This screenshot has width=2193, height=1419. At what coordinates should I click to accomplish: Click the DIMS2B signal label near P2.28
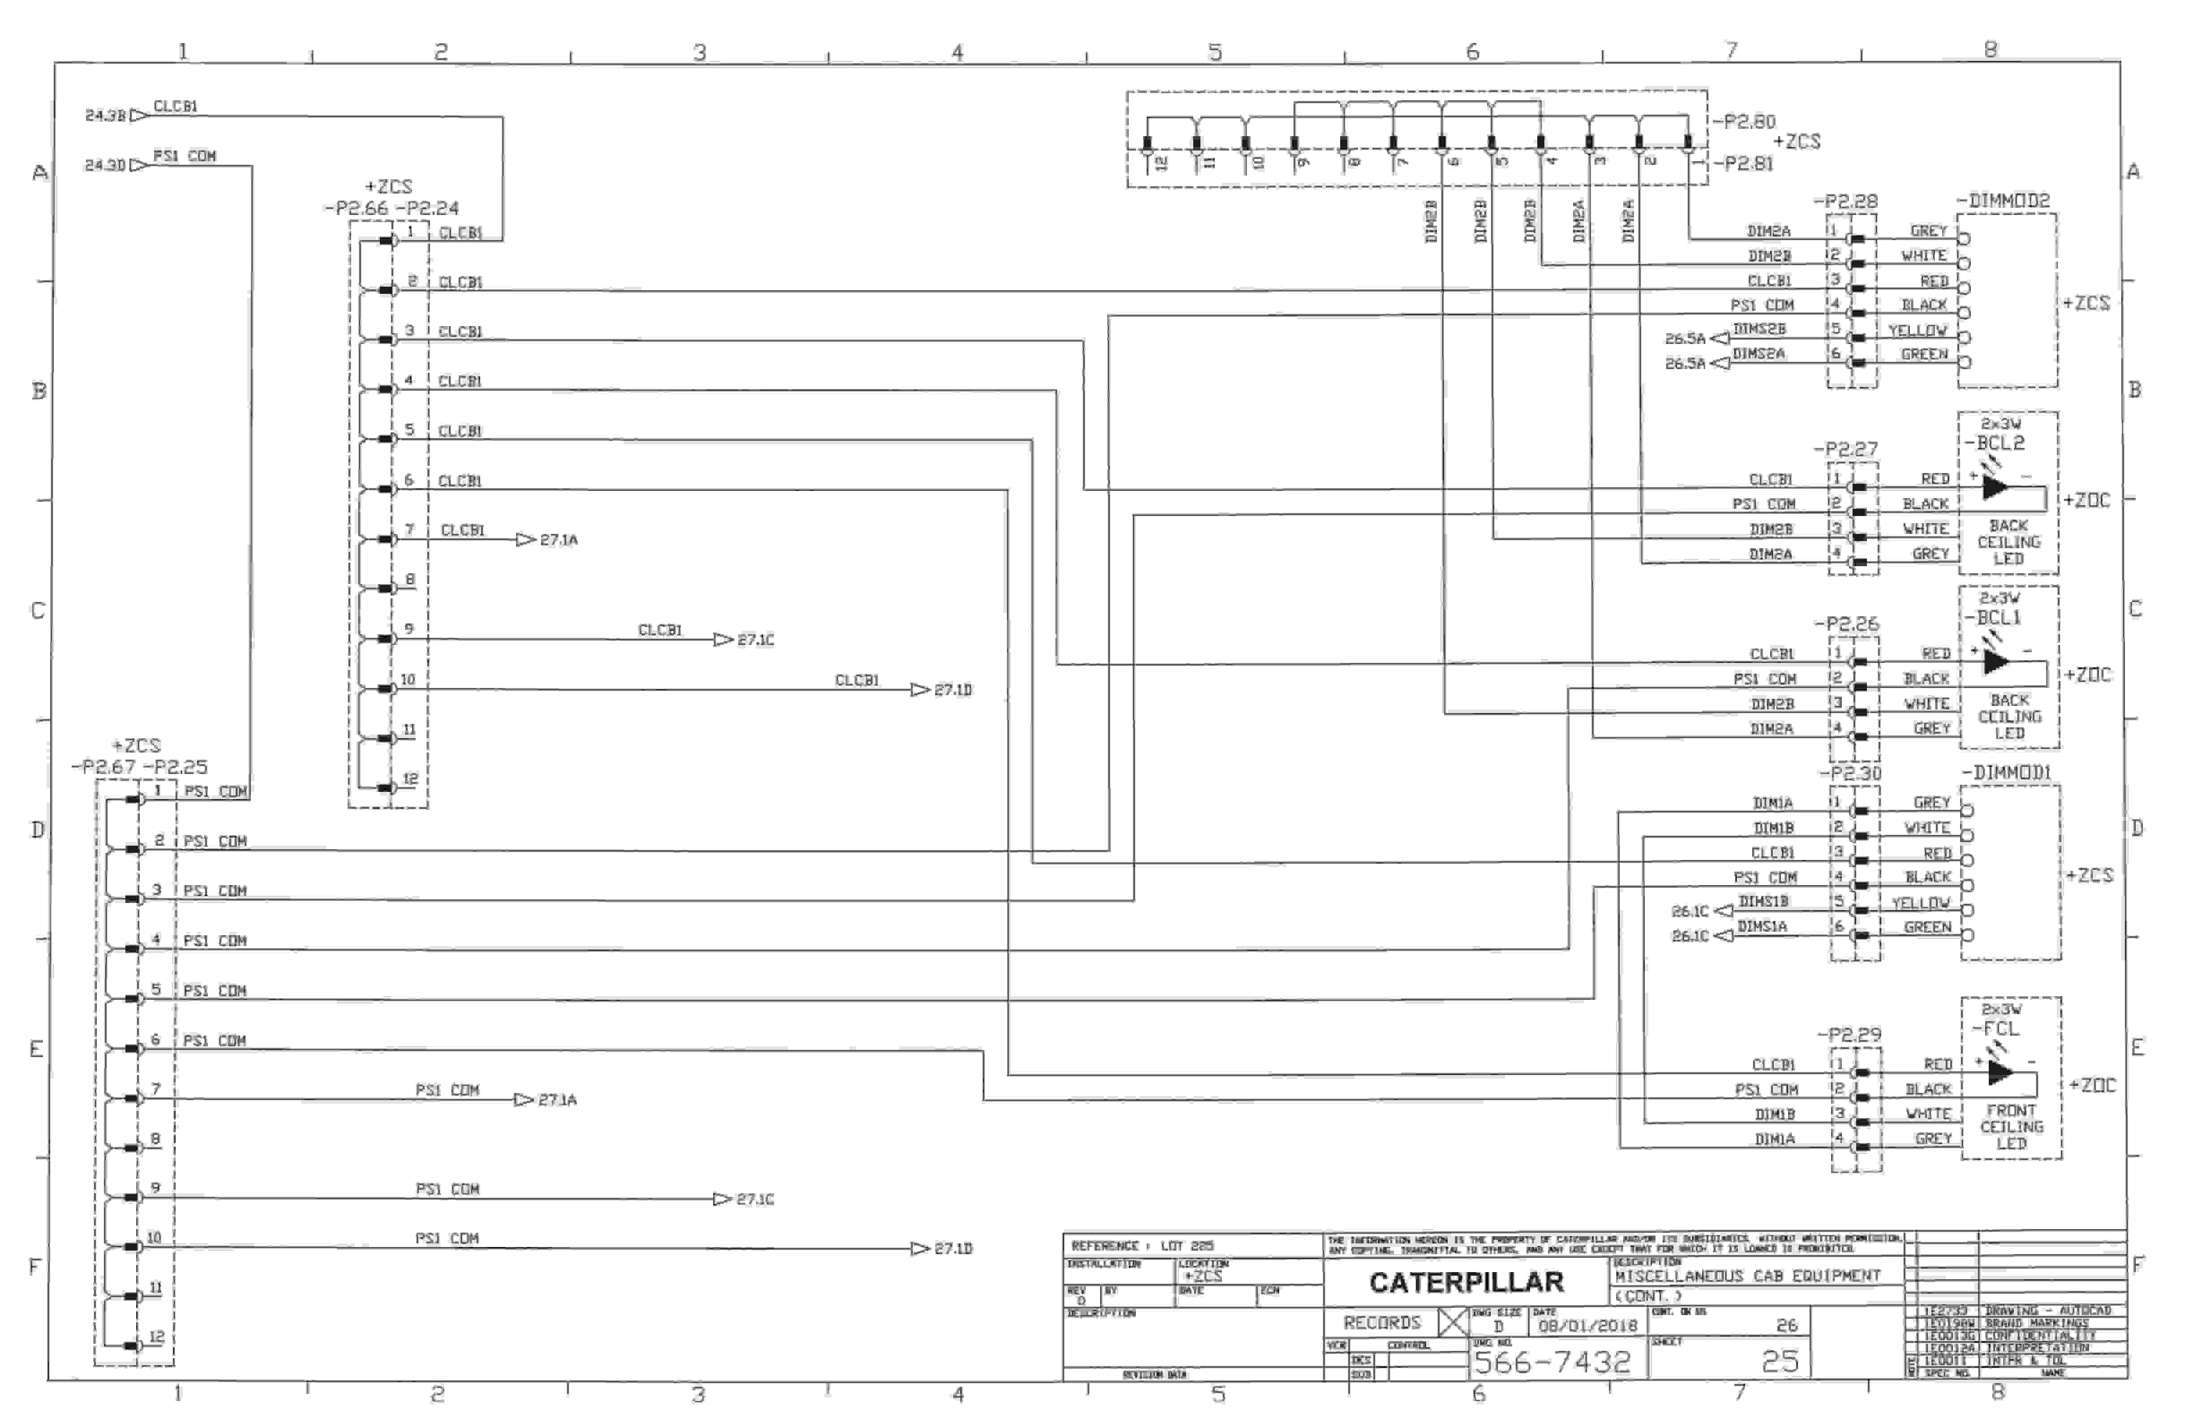coord(1759,329)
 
